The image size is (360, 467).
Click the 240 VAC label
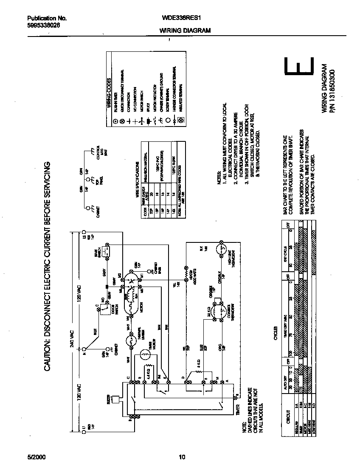click(72, 337)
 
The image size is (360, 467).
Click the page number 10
click(182, 457)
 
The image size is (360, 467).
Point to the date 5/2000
click(37, 457)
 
